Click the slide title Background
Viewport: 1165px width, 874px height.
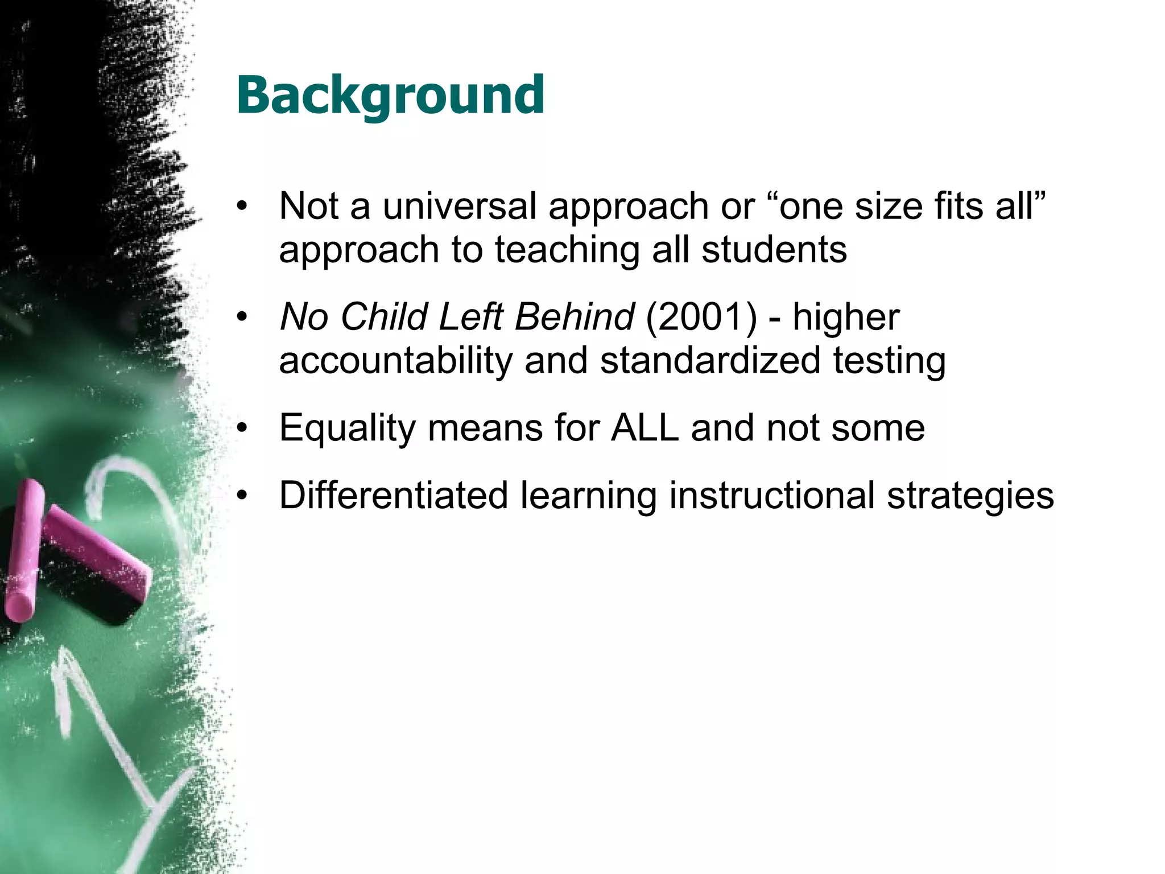[390, 96]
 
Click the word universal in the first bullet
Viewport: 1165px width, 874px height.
[459, 206]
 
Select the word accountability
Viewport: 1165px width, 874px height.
[395, 361]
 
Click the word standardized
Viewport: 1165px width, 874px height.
[710, 361]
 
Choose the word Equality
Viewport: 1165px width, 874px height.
[347, 428]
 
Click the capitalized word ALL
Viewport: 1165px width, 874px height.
[645, 428]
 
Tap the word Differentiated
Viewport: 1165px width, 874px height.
[393, 495]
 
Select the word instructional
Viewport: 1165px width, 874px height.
[771, 495]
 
